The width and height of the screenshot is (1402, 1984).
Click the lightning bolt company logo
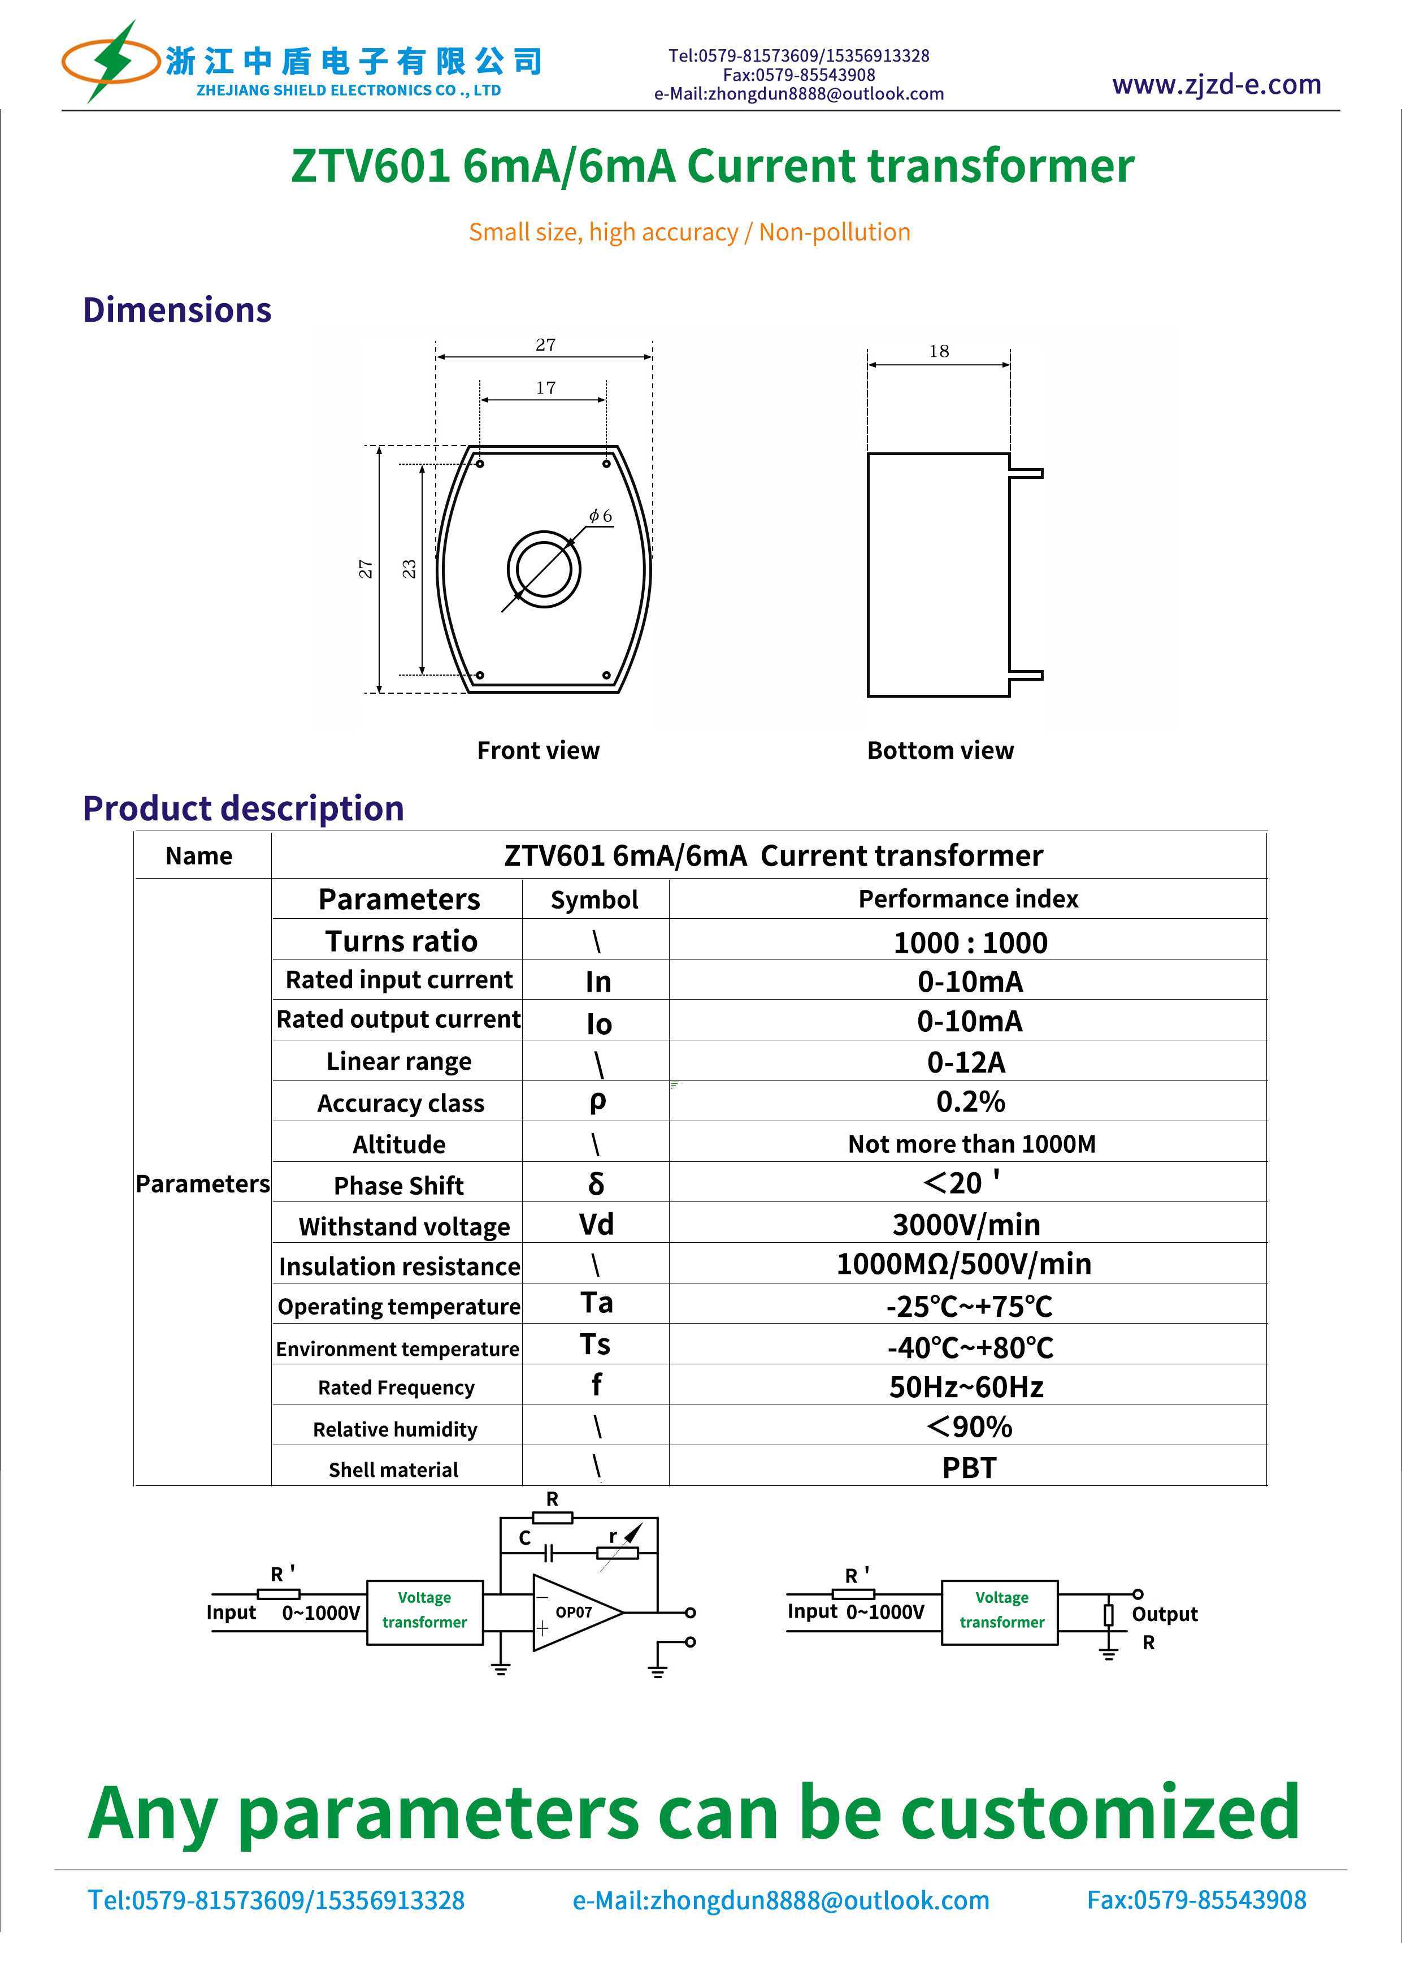[111, 62]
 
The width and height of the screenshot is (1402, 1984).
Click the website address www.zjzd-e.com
[1216, 85]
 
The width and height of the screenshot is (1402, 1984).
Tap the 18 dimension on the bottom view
[939, 351]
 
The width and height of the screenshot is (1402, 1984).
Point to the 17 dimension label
[545, 388]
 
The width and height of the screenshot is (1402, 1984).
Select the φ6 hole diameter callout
[600, 516]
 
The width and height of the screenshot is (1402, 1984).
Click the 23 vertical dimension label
[410, 569]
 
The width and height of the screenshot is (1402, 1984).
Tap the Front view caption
[538, 750]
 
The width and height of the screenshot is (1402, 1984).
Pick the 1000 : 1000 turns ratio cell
[970, 942]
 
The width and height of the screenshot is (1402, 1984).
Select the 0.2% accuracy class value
[970, 1102]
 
